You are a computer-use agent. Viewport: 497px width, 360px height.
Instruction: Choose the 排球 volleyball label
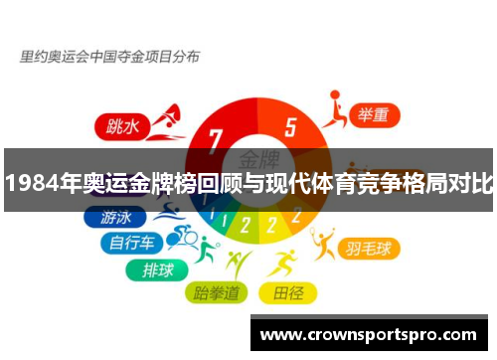click(156, 268)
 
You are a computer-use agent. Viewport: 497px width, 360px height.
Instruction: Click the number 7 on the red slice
click(216, 140)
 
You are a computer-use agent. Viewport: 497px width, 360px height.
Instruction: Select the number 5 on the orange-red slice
click(290, 127)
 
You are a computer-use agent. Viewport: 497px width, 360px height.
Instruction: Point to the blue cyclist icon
click(182, 236)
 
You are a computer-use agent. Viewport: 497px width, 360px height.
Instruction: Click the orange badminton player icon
click(323, 242)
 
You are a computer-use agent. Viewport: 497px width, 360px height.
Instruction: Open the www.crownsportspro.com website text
click(373, 335)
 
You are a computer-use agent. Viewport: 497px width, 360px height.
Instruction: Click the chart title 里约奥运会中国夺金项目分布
click(109, 57)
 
